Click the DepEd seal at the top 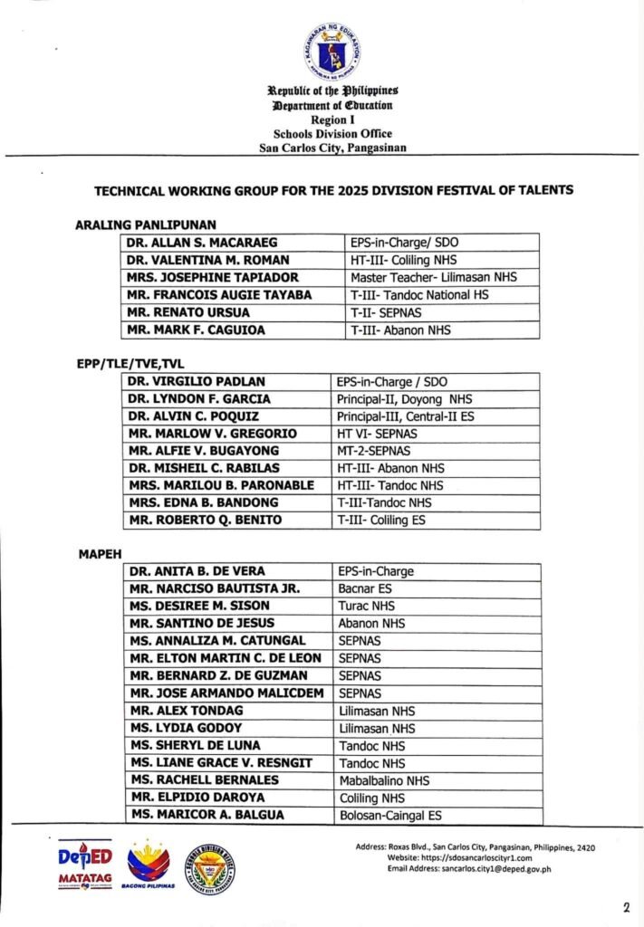tap(332, 52)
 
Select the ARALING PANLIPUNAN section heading tap(146, 224)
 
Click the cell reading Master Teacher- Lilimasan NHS tap(433, 277)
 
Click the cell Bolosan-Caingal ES tap(389, 816)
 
